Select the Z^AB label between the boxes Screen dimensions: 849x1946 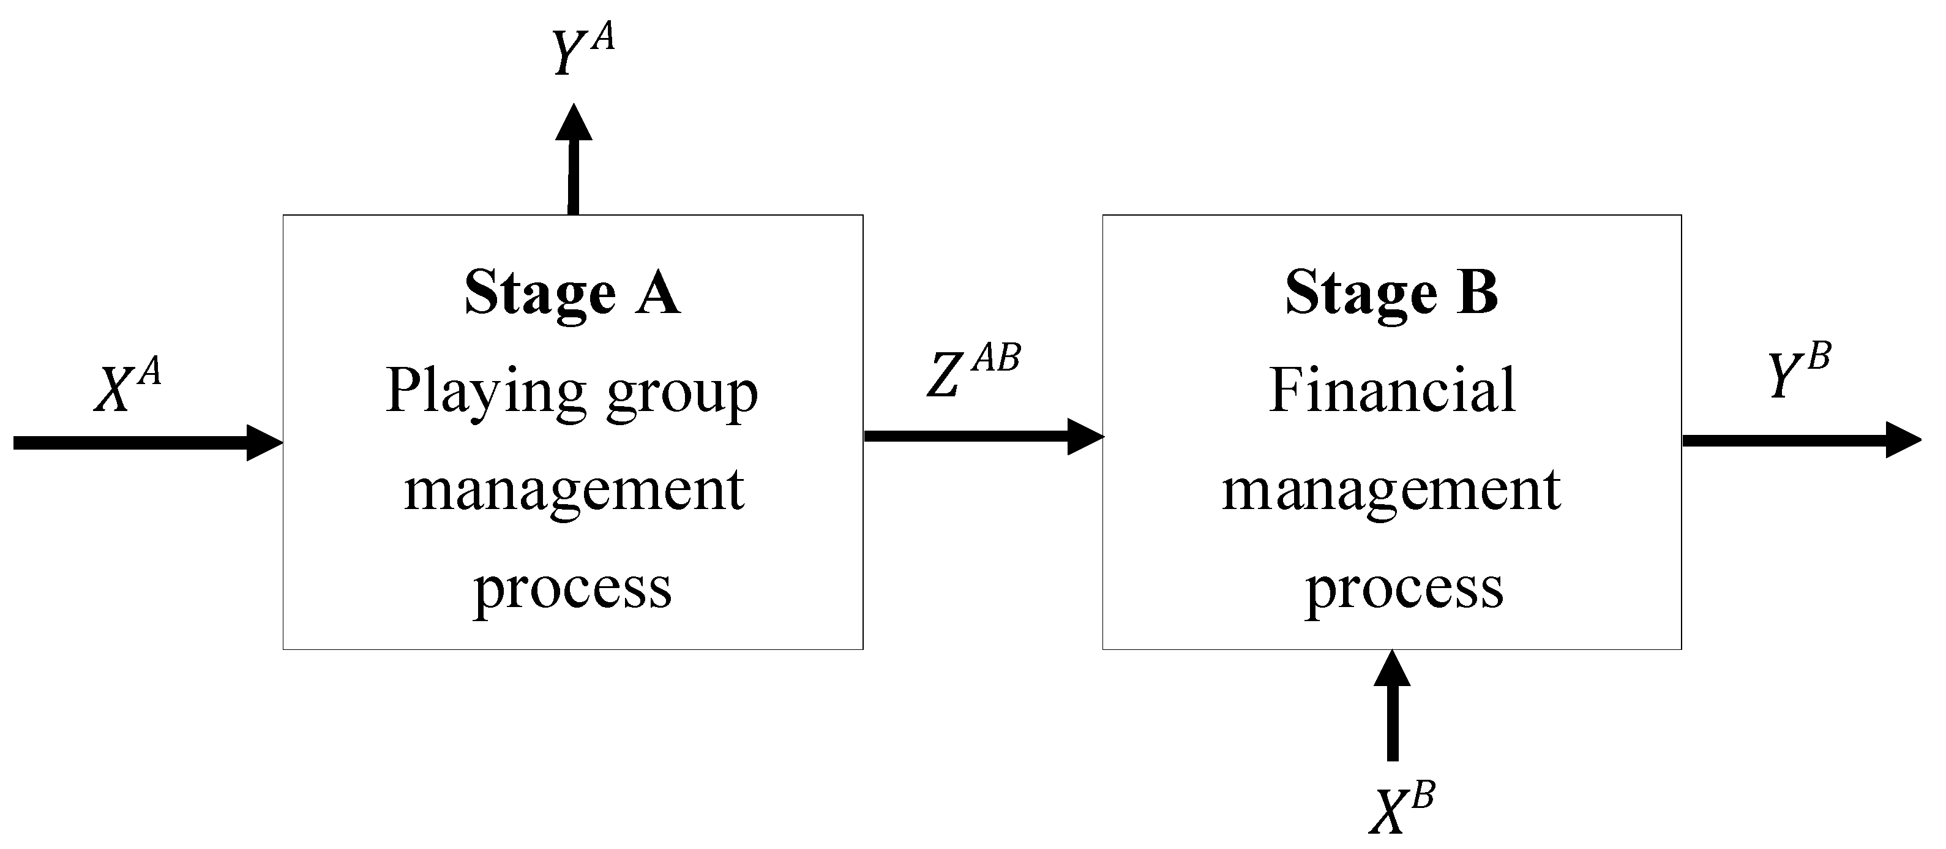coord(972,371)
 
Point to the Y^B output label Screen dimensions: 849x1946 coord(1798,371)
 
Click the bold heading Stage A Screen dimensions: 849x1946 coord(572,293)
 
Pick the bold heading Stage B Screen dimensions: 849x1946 coord(1391,293)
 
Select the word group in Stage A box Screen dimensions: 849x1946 coord(681,395)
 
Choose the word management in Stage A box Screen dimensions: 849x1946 coord(574,491)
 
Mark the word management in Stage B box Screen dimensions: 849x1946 coord(1391,491)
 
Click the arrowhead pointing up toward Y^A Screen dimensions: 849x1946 coord(574,123)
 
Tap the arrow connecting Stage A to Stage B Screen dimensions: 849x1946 coord(982,436)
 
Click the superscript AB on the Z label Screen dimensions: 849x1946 coord(997,358)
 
